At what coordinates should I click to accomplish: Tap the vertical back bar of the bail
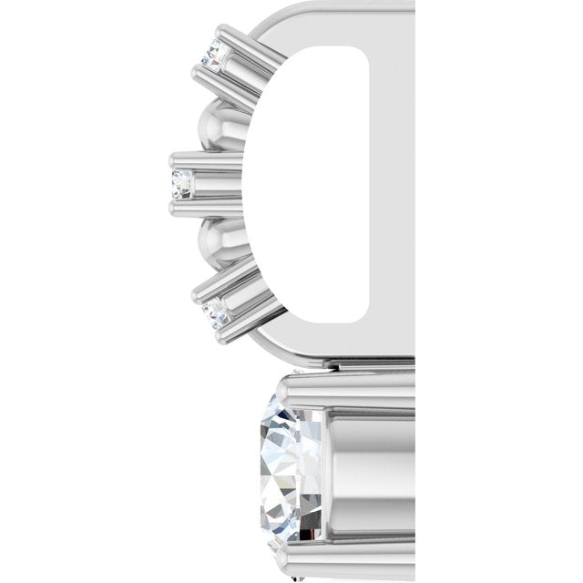click(392, 182)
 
